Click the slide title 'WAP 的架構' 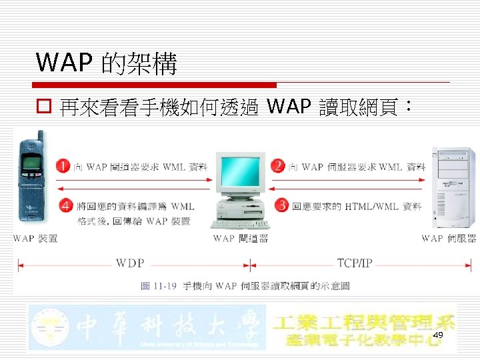click(x=107, y=63)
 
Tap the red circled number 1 click(x=63, y=167)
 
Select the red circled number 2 click(x=278, y=166)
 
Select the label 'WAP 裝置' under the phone click(x=35, y=238)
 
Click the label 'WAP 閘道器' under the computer click(x=240, y=238)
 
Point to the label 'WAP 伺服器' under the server click(x=449, y=238)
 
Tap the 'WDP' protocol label click(x=130, y=263)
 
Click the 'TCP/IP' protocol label click(x=355, y=263)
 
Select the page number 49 click(x=438, y=335)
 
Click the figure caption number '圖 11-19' click(x=159, y=286)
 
